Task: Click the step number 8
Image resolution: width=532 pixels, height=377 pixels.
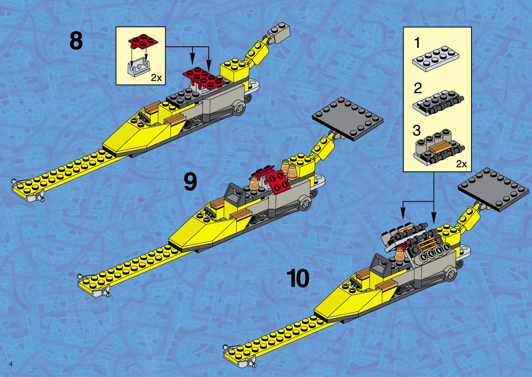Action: point(76,41)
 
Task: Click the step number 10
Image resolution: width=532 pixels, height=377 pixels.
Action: point(298,278)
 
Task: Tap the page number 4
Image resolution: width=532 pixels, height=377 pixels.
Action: point(11,364)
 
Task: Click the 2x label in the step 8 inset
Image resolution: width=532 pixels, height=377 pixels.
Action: point(156,78)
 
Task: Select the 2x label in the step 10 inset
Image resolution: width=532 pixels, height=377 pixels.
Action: point(461,164)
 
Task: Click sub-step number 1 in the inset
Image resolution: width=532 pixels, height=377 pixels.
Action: point(417,43)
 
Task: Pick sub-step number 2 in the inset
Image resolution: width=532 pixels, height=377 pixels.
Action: point(418,88)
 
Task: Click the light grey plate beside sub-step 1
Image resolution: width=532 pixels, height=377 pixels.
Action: point(436,58)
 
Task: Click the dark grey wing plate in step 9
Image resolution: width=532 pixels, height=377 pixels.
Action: point(347,118)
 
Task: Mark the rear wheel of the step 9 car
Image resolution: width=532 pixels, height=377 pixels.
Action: point(305,204)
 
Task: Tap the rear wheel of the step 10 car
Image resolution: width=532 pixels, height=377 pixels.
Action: point(451,274)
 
